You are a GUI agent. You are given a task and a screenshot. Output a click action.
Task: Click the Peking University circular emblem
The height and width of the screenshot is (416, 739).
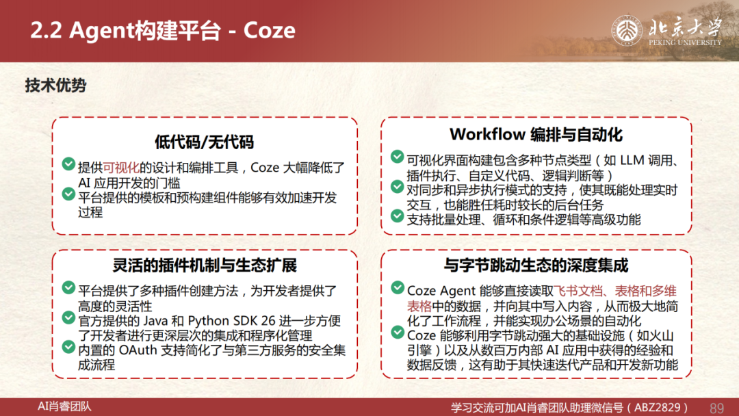tap(627, 31)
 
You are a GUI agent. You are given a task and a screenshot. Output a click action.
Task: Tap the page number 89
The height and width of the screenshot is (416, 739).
tap(716, 408)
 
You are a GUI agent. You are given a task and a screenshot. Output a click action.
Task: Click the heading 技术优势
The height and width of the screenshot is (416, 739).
tap(55, 86)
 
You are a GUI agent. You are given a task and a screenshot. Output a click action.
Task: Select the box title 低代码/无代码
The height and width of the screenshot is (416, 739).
tap(204, 142)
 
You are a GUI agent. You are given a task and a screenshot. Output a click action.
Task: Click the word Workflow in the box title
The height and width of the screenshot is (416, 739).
tap(487, 134)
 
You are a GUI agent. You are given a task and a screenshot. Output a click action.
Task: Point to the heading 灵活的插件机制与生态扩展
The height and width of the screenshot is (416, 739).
tap(205, 265)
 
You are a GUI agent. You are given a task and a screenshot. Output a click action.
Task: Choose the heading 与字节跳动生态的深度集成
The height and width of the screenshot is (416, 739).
tap(536, 265)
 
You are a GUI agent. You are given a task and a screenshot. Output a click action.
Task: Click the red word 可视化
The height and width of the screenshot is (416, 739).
tap(121, 168)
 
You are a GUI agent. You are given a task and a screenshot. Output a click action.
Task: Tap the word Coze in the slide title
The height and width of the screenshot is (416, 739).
tap(269, 31)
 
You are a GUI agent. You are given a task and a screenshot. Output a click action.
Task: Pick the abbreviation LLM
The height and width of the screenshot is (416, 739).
tap(632, 161)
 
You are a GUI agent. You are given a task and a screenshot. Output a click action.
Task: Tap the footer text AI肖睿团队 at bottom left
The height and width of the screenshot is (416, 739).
tap(64, 406)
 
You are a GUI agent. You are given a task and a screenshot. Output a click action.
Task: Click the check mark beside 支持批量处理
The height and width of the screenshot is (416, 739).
tap(398, 216)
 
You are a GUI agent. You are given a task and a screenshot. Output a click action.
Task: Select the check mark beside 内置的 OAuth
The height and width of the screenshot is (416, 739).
tap(68, 347)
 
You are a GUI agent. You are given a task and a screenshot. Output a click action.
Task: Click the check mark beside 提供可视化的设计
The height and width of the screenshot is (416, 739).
tap(68, 164)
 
